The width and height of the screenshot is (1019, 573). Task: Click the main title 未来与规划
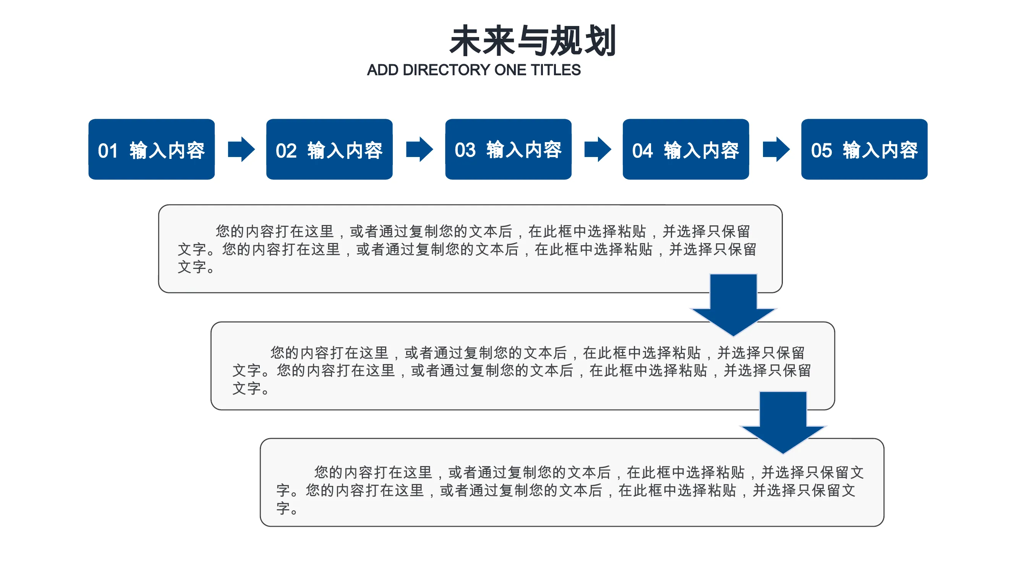point(533,40)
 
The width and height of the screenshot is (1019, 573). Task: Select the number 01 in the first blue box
point(108,151)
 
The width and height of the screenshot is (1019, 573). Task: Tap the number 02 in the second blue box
point(286,151)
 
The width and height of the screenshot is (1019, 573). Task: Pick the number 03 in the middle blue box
point(465,150)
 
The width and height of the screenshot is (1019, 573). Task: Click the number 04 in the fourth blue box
point(642,151)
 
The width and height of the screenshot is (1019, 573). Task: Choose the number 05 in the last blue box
point(821,150)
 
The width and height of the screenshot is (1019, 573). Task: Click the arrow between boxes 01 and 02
point(241,149)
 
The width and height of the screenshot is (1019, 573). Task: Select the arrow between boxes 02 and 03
point(420,149)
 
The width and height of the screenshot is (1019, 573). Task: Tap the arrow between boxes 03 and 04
point(598,149)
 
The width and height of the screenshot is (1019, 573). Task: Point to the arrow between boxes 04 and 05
point(776,149)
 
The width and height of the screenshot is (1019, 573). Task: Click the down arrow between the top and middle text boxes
point(733,305)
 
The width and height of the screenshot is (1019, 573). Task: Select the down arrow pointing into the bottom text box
point(783,422)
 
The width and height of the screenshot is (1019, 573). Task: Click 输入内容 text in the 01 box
point(167,150)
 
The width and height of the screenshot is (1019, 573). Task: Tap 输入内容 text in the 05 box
point(880,150)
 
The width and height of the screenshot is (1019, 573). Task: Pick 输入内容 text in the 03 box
point(524,149)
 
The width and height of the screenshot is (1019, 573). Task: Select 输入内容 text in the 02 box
point(345,150)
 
